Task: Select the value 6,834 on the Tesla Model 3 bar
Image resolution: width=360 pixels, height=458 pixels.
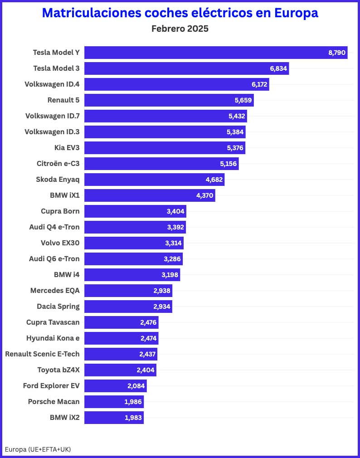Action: click(x=278, y=68)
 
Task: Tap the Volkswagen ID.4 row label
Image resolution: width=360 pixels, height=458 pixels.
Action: click(x=52, y=84)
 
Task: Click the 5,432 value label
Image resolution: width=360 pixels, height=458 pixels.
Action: click(x=237, y=116)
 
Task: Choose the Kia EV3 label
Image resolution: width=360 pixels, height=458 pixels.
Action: click(x=67, y=147)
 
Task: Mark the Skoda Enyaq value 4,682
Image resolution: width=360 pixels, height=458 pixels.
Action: click(x=214, y=180)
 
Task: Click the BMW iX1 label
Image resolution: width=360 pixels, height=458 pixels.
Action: click(x=65, y=195)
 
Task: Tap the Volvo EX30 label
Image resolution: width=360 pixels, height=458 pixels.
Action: click(x=60, y=243)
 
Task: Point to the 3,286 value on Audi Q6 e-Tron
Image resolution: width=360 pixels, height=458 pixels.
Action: click(x=172, y=259)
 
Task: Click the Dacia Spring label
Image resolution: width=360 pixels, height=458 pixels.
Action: click(x=58, y=306)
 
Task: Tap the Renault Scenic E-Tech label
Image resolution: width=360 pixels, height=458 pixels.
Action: click(x=42, y=354)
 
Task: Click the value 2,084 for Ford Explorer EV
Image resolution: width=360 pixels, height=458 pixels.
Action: click(x=136, y=386)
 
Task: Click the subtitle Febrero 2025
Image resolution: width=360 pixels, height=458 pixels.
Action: click(x=180, y=29)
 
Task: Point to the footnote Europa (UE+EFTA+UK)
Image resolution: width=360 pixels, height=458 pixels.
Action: click(x=38, y=449)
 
